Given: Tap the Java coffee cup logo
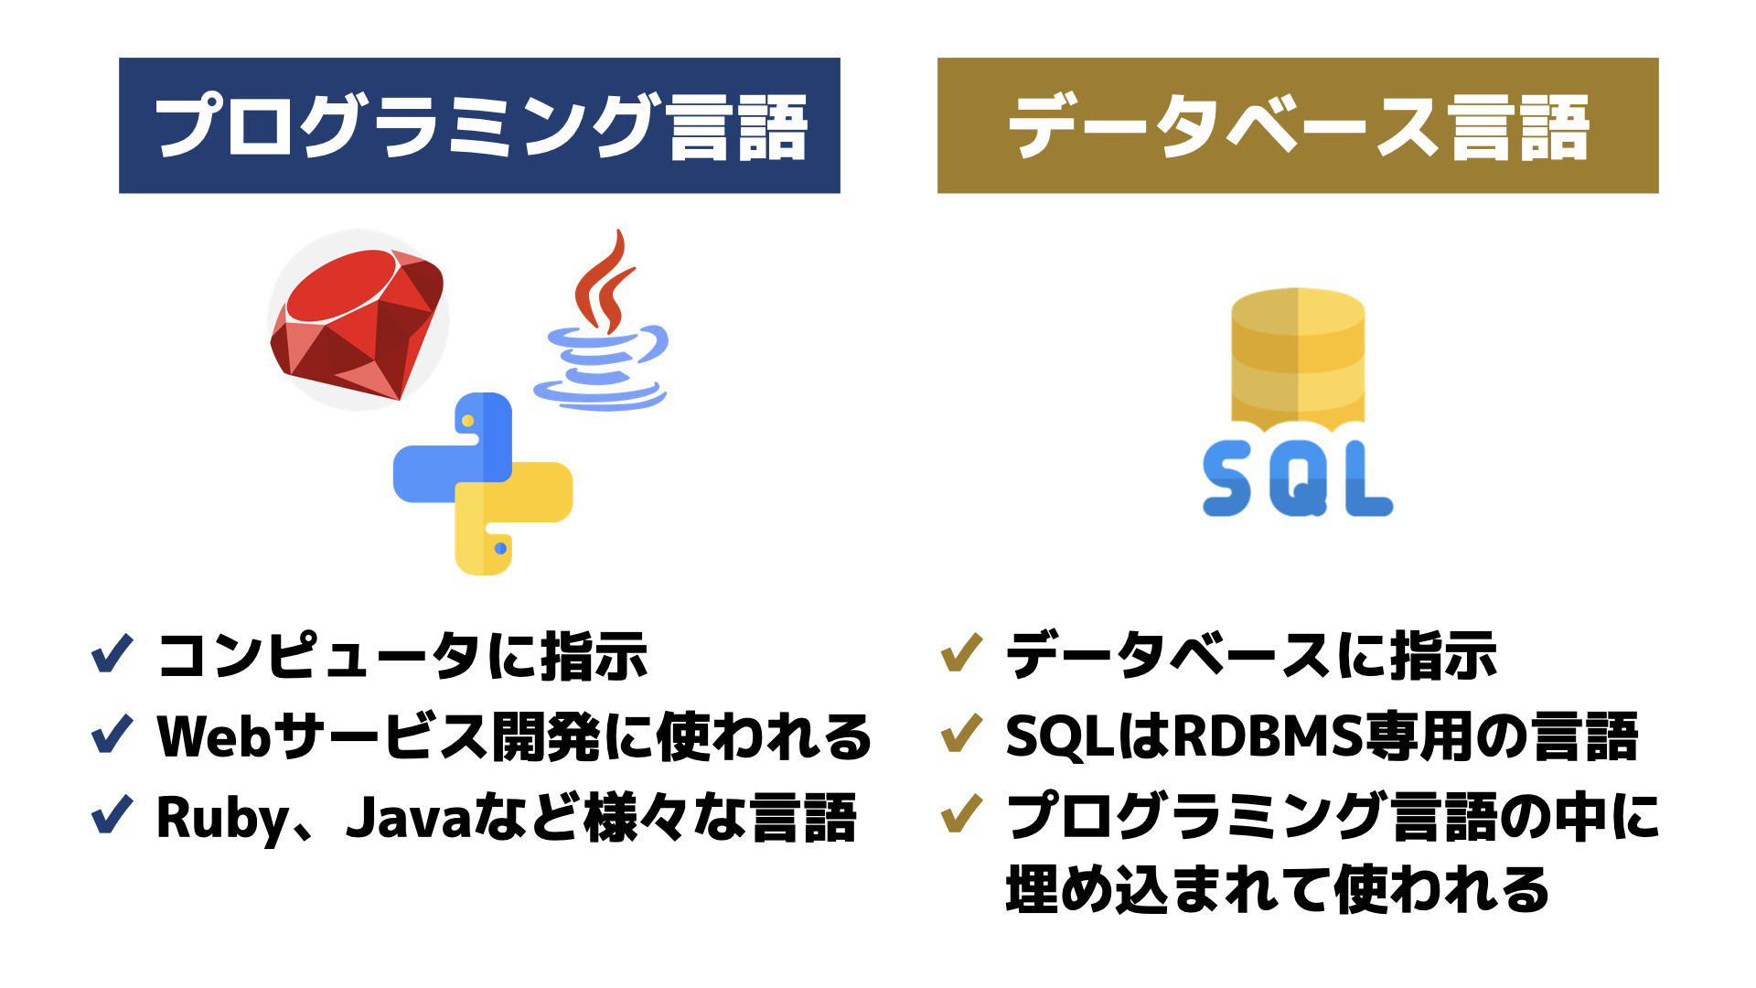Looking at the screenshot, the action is pyautogui.click(x=601, y=319).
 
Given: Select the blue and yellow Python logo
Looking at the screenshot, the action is pyautogui.click(x=483, y=484).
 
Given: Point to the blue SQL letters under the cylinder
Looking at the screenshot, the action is pyautogui.click(x=1298, y=478).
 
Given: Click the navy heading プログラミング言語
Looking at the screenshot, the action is pyautogui.click(x=479, y=125).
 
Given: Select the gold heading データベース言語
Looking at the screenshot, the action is pyautogui.click(x=1298, y=125).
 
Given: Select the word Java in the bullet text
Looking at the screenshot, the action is pyautogui.click(x=409, y=817).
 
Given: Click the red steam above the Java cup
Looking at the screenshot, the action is pyautogui.click(x=604, y=279).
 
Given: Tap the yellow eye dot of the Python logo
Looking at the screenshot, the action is pyautogui.click(x=467, y=421).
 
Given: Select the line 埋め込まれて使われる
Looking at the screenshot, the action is pyautogui.click(x=1278, y=889).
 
